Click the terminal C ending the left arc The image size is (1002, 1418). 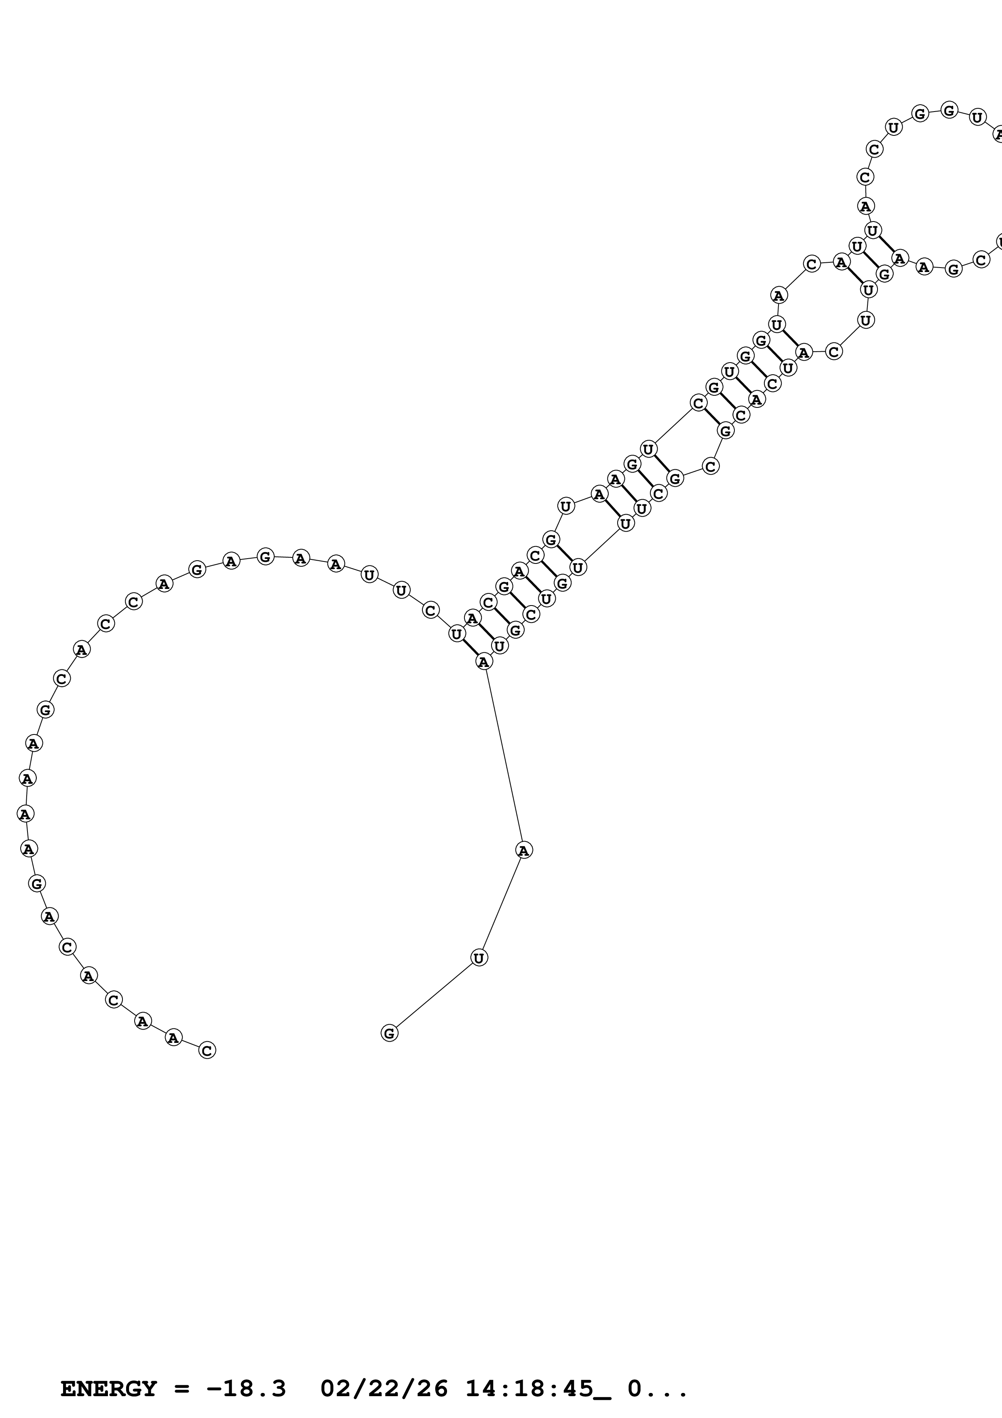click(207, 1050)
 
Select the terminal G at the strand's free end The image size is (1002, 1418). click(389, 1033)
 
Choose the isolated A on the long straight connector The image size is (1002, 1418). click(523, 850)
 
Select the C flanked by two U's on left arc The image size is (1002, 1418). click(430, 610)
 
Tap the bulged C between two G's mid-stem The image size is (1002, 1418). click(711, 466)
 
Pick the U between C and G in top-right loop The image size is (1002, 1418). click(893, 128)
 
